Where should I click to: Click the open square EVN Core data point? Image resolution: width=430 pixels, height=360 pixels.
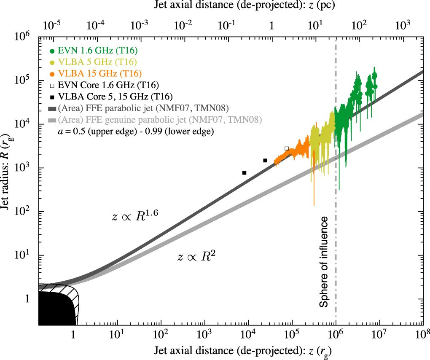tap(287, 148)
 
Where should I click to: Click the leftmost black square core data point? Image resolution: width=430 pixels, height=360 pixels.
tap(244, 172)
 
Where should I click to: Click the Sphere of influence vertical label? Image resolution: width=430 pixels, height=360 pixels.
tap(323, 262)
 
